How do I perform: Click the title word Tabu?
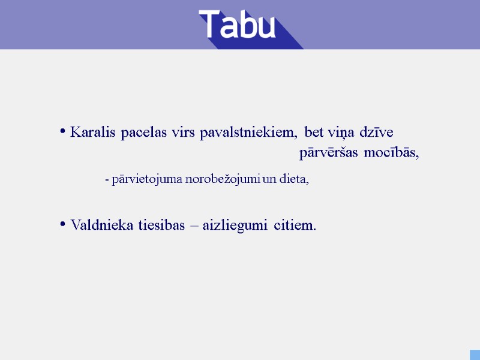tap(238, 25)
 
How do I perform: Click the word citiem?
tap(295, 226)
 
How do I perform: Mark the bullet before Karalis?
tap(62, 131)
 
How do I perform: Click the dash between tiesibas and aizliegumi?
tap(193, 226)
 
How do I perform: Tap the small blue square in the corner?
tap(475, 355)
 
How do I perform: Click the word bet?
tap(313, 132)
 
